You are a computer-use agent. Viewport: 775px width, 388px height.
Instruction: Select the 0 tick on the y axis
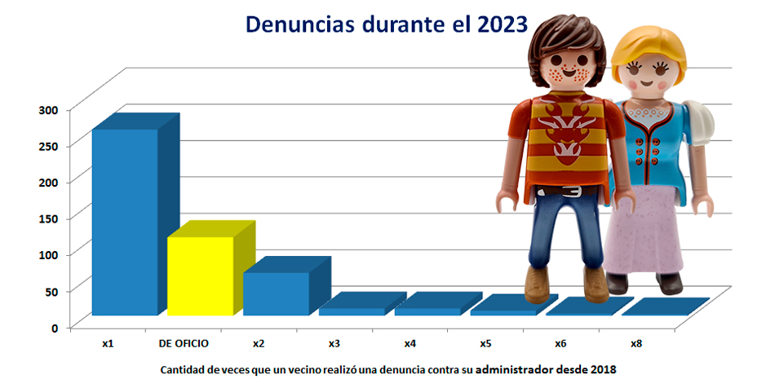(55, 328)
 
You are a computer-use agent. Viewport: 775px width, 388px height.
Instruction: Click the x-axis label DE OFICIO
(184, 343)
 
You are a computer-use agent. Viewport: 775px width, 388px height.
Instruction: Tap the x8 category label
(636, 343)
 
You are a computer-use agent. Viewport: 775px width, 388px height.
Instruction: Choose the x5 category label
(485, 343)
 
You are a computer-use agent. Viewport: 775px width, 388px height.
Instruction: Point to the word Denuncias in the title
(299, 24)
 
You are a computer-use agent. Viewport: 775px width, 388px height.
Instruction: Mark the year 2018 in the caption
(604, 369)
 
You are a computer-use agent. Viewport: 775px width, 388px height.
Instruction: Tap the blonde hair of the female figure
(649, 52)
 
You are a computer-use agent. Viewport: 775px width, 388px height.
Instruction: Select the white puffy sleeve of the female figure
(700, 122)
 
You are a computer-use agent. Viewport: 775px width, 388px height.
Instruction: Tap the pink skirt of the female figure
(644, 232)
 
